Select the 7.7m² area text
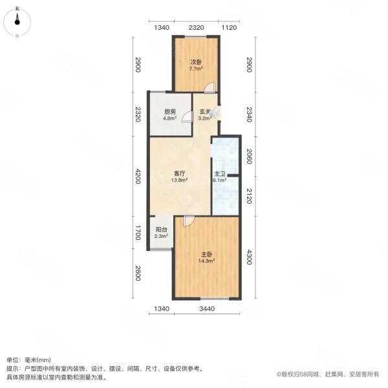(x=196, y=69)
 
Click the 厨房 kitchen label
(x=169, y=112)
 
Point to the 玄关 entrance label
(x=204, y=112)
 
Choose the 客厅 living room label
(x=180, y=173)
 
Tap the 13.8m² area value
(x=180, y=180)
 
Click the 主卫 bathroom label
(x=220, y=174)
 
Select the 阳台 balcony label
(x=162, y=230)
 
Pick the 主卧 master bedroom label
(x=206, y=255)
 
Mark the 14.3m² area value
(x=206, y=262)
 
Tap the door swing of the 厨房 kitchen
(x=186, y=116)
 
